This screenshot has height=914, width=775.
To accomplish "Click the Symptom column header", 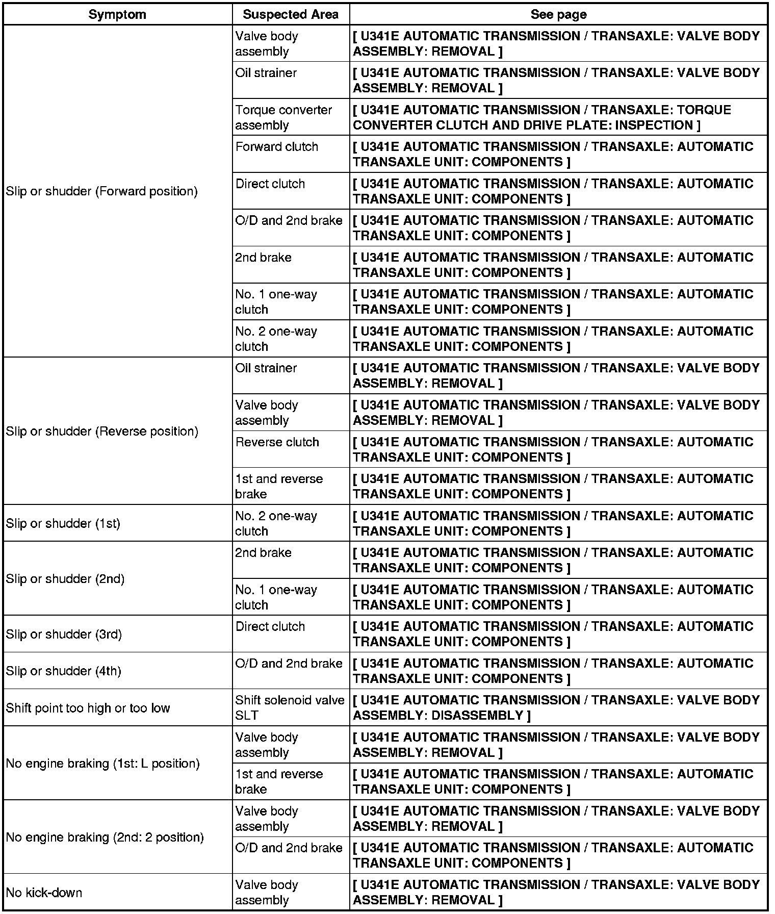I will (117, 14).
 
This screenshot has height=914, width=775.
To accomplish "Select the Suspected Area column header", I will (291, 14).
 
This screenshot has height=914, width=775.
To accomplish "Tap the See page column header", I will (558, 14).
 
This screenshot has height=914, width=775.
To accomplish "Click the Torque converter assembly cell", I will (283, 117).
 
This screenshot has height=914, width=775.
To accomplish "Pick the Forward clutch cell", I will (277, 147).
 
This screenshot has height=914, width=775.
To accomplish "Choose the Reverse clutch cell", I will (277, 442).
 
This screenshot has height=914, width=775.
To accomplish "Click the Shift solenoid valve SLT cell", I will (290, 707).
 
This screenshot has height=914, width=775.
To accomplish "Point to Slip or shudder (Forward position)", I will (102, 191).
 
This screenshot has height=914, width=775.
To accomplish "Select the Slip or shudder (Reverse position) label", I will (102, 431).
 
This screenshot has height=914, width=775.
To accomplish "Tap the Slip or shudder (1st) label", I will (63, 524).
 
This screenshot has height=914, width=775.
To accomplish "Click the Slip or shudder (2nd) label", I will (65, 579).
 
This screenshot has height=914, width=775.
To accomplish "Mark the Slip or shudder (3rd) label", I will (64, 634).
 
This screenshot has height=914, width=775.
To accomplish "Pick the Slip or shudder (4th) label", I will (64, 671).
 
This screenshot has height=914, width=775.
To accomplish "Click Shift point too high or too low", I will (88, 708).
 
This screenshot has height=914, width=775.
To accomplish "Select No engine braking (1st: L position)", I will (102, 764).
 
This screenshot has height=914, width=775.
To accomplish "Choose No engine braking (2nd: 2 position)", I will (105, 837).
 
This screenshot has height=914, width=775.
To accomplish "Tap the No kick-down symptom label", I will (44, 893).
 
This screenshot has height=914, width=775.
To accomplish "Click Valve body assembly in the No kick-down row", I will (267, 893).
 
